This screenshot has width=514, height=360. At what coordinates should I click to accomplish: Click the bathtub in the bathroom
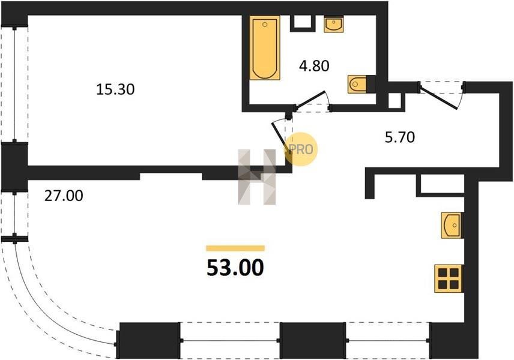265,48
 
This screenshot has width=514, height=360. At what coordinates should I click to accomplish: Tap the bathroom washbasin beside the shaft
334,24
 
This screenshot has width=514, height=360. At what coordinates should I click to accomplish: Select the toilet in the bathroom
357,84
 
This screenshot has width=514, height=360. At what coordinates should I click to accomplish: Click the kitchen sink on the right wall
452,225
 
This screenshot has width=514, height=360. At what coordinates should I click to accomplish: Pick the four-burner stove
449,278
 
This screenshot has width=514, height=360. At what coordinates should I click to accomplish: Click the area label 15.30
115,89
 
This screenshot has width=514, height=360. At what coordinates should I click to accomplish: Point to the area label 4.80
314,66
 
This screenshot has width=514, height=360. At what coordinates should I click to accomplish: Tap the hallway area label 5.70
399,137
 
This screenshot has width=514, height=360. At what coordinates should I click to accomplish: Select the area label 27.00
64,196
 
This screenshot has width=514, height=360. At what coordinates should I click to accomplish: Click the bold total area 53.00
235,268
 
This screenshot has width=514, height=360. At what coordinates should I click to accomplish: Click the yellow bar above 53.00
235,248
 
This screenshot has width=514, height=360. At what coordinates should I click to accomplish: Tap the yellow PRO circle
301,149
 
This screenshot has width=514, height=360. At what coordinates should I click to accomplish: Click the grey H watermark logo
256,177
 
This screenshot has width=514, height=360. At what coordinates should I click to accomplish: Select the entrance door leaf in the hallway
438,97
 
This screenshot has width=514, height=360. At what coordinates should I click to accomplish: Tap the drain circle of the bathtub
265,24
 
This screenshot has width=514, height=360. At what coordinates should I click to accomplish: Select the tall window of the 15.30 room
14,85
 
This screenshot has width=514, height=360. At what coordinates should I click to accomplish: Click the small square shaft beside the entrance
393,101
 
